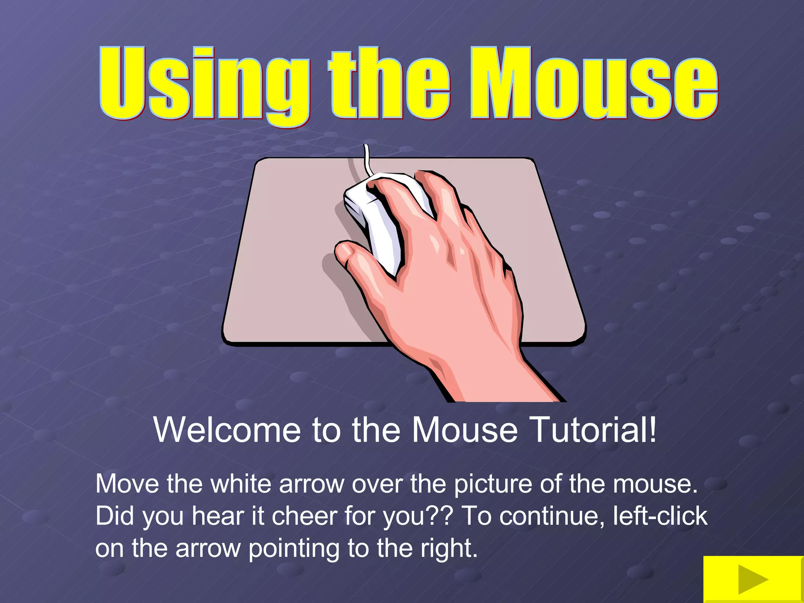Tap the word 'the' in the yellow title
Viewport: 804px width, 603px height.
(x=389, y=84)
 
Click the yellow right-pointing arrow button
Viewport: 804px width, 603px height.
(x=753, y=579)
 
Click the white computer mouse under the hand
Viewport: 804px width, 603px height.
(x=377, y=220)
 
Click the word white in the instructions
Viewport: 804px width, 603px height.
(x=241, y=484)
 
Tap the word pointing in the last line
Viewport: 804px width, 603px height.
(x=294, y=549)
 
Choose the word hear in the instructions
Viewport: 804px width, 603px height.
(x=218, y=516)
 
